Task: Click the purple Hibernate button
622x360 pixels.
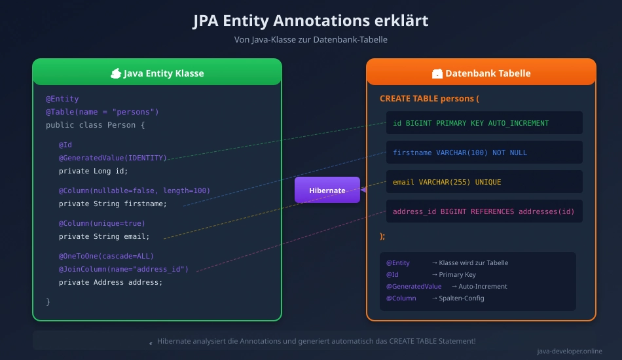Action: pos(327,190)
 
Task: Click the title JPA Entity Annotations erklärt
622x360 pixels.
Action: pos(310,21)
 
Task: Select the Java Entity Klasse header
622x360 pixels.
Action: pos(157,73)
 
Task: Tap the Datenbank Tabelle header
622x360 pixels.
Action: pos(481,73)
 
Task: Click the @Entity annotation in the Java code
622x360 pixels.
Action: pos(62,99)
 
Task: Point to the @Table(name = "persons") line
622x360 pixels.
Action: pos(102,112)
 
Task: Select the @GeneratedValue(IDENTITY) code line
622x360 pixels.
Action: pos(113,158)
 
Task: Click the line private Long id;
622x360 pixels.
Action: pos(94,171)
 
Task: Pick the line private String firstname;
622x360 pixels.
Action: pos(113,204)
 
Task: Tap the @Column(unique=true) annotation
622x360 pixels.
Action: pos(102,223)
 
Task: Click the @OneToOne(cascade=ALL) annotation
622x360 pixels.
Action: pos(106,256)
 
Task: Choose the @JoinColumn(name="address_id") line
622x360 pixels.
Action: pos(124,269)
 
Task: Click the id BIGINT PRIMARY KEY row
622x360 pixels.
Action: pos(484,123)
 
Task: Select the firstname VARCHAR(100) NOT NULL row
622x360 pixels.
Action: pos(484,153)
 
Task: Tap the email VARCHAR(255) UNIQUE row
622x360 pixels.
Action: pos(484,182)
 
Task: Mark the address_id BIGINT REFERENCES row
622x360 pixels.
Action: pos(484,211)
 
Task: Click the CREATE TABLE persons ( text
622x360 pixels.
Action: pos(430,99)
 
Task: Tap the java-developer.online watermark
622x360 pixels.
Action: pos(569,351)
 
